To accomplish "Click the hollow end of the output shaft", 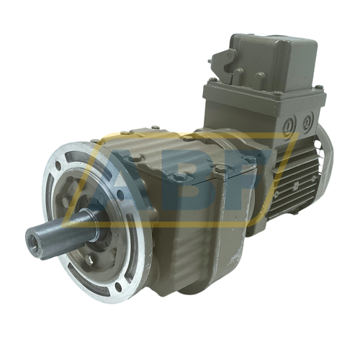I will (36, 239).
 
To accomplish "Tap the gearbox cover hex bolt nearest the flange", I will (133, 158).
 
